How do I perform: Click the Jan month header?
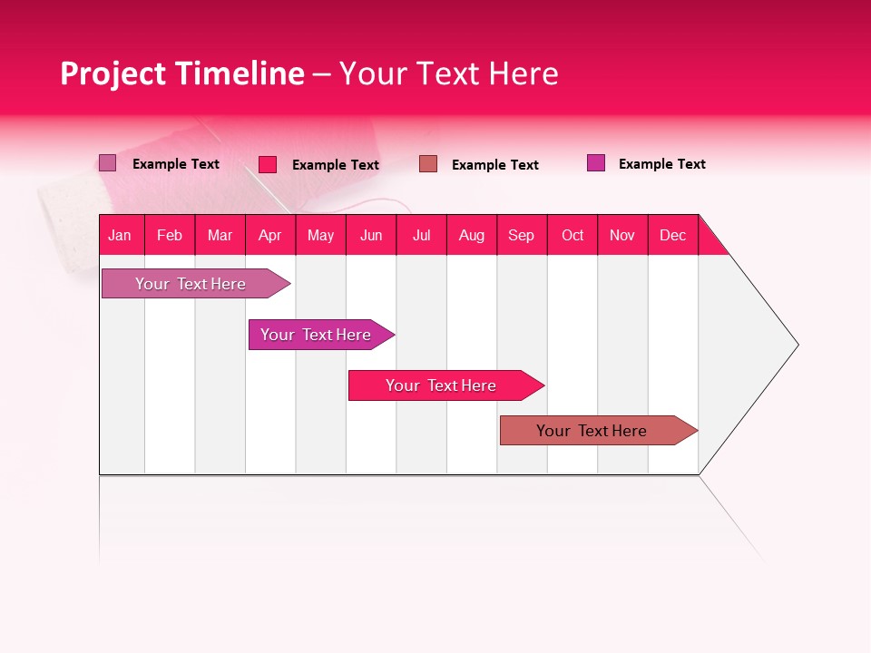120,235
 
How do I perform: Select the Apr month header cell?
269,235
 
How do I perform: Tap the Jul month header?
421,235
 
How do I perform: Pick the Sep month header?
521,235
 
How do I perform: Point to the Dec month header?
672,235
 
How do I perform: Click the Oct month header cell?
573,235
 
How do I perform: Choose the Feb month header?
170,235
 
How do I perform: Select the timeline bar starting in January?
191,284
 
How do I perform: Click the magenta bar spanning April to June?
316,335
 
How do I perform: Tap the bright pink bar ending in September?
441,385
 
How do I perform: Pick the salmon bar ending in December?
592,431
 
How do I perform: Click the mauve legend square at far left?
107,163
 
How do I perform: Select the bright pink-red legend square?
268,164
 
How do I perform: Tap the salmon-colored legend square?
428,163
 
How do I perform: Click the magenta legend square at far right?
596,163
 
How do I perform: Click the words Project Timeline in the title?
181,73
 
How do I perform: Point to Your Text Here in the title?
448,73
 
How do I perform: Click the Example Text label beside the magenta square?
661,164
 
